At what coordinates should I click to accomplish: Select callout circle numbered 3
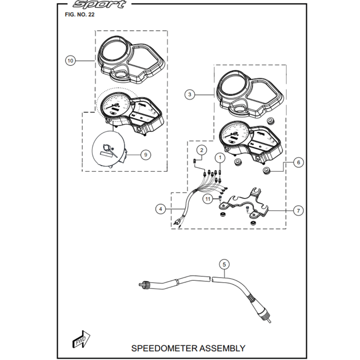pos(190,94)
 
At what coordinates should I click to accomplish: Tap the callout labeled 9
pos(145,154)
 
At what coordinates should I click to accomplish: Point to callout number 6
pos(299,162)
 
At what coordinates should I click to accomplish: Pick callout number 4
pos(161,208)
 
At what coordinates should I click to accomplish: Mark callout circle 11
pos(207,198)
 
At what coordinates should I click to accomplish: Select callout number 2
pos(202,150)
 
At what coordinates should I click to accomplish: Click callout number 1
pos(220,157)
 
